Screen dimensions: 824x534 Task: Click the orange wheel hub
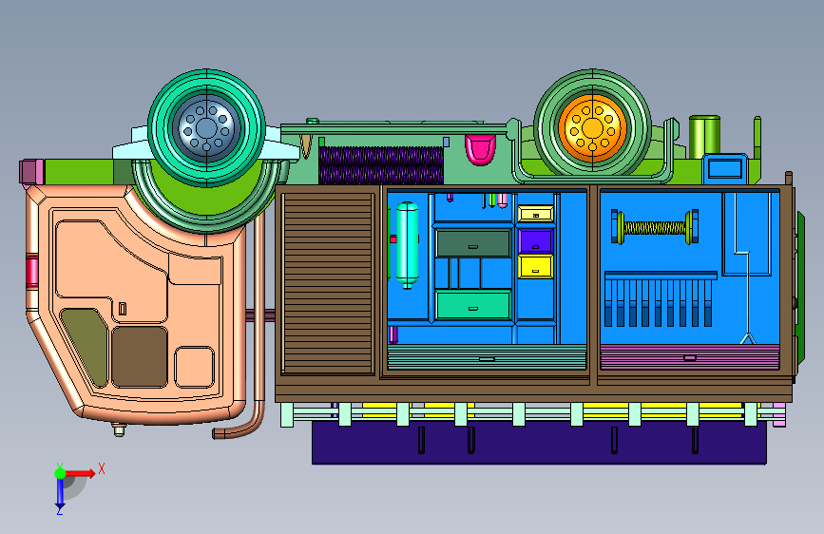click(592, 127)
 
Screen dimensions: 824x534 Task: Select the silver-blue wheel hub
click(206, 127)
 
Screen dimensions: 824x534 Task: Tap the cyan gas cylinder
click(407, 245)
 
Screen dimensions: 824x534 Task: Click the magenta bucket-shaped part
click(480, 149)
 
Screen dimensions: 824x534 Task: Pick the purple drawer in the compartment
click(535, 241)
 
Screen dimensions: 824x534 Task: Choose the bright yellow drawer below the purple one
click(535, 266)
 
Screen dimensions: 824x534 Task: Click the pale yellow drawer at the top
click(535, 214)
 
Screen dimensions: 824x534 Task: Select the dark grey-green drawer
click(473, 243)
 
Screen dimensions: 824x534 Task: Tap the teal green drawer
click(473, 305)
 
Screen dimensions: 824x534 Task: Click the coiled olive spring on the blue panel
click(655, 228)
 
